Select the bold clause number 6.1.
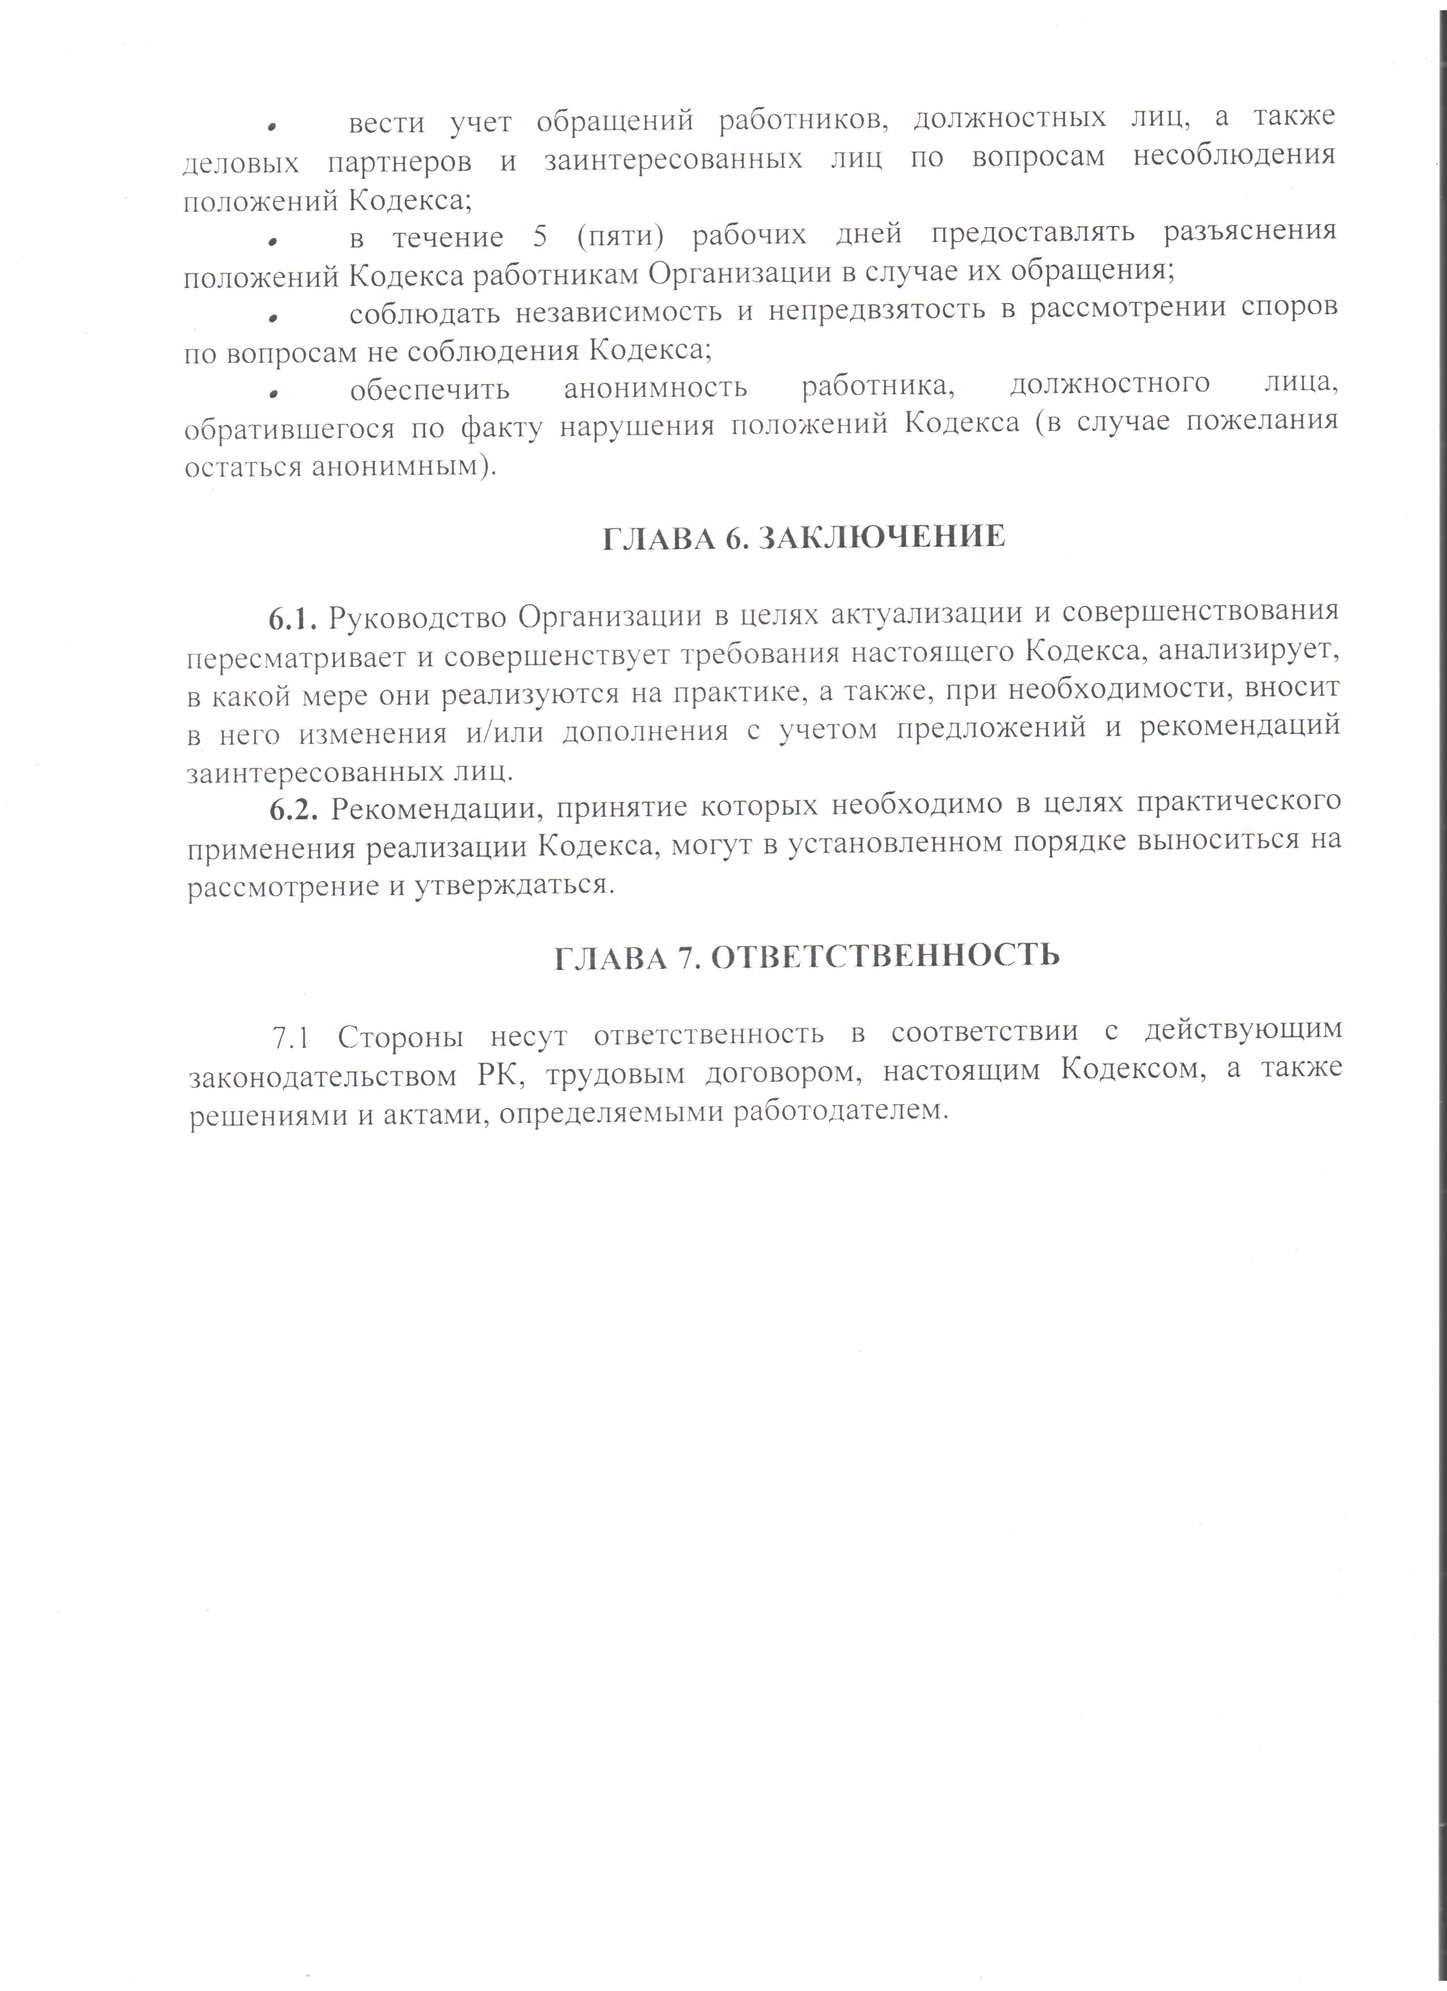point(291,618)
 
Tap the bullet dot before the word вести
point(274,127)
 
